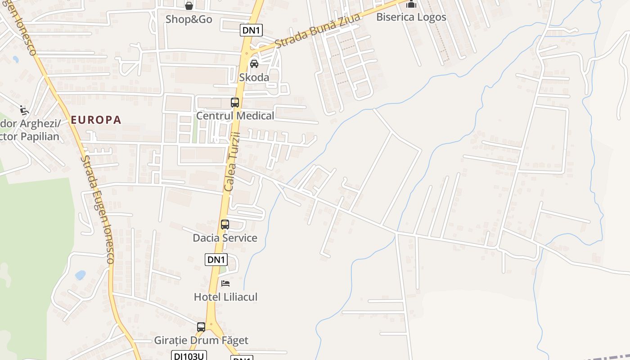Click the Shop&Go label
[189, 19]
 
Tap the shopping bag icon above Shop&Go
[189, 6]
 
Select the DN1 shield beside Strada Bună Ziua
[251, 30]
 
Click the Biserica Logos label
[411, 17]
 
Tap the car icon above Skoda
[254, 64]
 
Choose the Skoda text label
[254, 77]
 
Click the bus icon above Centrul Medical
[235, 102]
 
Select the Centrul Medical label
[235, 116]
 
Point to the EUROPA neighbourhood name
[96, 120]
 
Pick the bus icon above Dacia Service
[225, 224]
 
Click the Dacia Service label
[225, 238]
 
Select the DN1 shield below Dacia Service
[216, 260]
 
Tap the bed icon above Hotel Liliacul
[225, 283]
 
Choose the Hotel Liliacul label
[225, 297]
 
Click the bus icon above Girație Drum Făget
[201, 327]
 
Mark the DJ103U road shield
[189, 355]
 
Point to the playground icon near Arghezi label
[24, 110]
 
